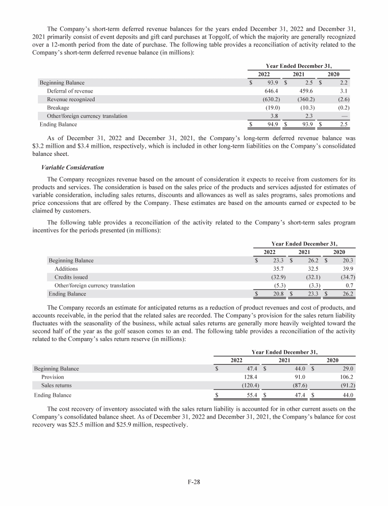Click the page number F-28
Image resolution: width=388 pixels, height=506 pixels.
click(194, 482)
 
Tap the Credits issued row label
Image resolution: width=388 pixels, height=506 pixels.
click(71, 277)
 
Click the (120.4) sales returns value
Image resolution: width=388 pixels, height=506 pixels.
click(250, 386)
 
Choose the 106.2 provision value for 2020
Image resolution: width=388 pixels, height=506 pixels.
click(345, 377)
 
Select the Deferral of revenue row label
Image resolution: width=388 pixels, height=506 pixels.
click(70, 91)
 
